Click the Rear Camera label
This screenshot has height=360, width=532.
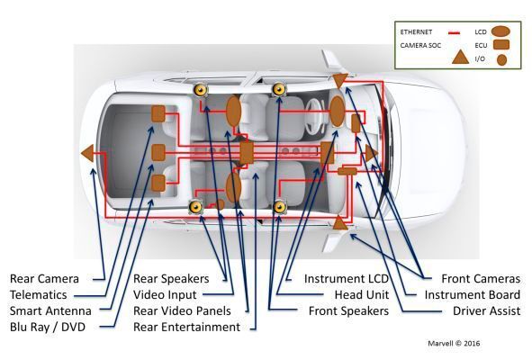[45, 278]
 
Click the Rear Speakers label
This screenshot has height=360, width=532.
[171, 278]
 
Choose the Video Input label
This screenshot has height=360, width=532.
[166, 294]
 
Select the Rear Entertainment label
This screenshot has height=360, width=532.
[186, 327]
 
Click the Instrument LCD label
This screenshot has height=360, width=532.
[346, 278]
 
